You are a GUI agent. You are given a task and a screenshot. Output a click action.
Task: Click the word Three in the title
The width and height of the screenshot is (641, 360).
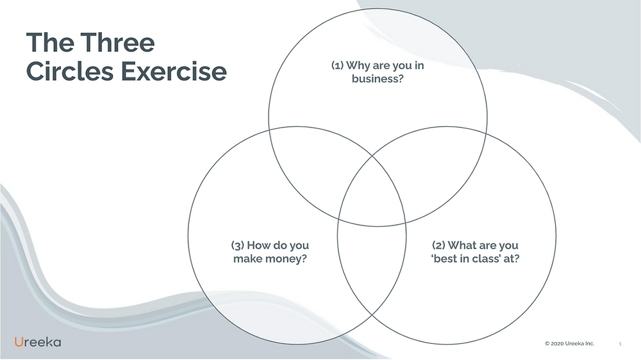tap(117, 42)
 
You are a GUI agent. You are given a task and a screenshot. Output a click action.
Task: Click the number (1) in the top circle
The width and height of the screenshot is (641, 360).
tap(337, 65)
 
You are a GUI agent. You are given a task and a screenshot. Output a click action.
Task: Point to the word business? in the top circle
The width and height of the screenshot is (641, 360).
tap(378, 78)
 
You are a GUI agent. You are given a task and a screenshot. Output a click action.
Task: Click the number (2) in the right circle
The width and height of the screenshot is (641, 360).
tap(438, 245)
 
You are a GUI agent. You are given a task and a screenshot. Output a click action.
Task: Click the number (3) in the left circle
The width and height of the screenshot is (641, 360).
tap(238, 245)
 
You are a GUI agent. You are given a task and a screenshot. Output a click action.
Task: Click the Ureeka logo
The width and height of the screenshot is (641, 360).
tap(38, 342)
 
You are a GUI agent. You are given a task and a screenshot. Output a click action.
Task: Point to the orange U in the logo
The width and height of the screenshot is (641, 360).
tap(19, 342)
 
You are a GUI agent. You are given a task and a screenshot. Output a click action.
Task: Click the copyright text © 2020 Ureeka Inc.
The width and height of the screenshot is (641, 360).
tap(569, 343)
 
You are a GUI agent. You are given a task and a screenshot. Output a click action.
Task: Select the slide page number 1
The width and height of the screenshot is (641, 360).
tap(620, 344)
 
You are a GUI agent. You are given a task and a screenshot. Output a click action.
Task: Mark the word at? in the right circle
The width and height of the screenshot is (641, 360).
tap(512, 258)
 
